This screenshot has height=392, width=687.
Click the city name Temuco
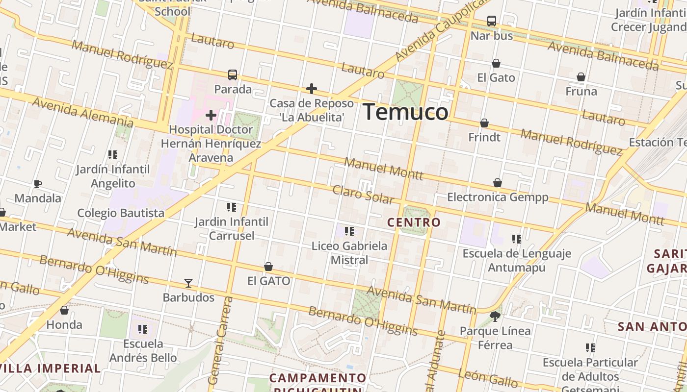(405, 112)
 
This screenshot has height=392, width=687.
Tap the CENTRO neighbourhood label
(414, 222)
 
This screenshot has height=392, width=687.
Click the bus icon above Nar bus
(491, 21)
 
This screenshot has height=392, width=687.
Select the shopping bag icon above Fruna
(581, 77)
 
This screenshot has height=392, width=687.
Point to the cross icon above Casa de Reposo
(312, 89)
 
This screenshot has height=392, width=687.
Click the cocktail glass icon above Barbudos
(188, 283)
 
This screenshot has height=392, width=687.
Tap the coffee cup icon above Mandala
(38, 184)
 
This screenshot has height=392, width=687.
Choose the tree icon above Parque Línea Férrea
(495, 317)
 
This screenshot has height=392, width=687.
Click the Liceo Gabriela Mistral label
(349, 252)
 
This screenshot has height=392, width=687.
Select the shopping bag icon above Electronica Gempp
(498, 183)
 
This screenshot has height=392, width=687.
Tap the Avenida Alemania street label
(82, 111)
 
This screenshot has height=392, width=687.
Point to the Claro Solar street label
(363, 194)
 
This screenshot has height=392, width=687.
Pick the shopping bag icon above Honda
(64, 310)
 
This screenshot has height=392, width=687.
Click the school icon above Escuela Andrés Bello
(143, 329)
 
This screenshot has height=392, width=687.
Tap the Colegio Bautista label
(121, 213)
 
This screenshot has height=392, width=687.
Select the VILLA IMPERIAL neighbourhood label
(51, 368)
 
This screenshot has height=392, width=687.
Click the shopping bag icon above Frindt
(484, 123)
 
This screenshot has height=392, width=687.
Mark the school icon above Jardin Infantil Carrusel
(232, 207)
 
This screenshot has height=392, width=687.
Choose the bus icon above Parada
(233, 75)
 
